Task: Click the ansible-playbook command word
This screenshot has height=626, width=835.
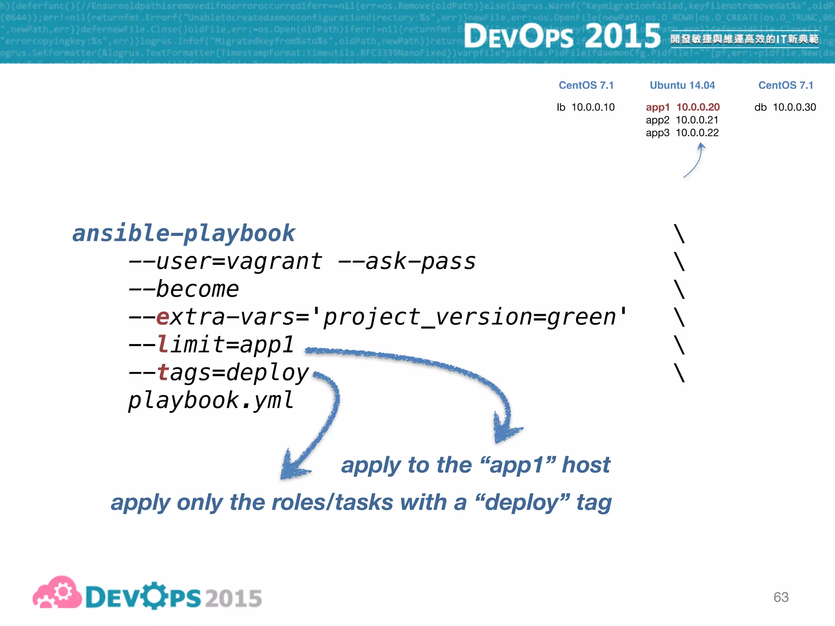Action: coord(183,234)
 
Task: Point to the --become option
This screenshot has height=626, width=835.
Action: coord(183,289)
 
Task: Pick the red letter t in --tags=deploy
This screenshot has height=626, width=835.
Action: coord(163,373)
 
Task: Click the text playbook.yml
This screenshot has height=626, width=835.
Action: coord(210,400)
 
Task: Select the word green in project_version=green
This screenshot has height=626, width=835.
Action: coord(581,317)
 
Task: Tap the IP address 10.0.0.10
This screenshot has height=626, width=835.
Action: coord(593,107)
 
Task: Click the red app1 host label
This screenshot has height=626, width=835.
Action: coord(657,107)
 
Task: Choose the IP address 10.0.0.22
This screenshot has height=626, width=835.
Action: coord(697,133)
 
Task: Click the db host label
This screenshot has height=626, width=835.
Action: coord(760,107)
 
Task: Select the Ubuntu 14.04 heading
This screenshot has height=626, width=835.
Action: coord(682,85)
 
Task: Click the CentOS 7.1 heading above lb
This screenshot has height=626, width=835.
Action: coord(586,85)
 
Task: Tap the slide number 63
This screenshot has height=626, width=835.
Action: coord(781,597)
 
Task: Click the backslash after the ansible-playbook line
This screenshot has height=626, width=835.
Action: coord(679,234)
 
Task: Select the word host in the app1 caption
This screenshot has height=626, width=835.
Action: coord(586,465)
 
